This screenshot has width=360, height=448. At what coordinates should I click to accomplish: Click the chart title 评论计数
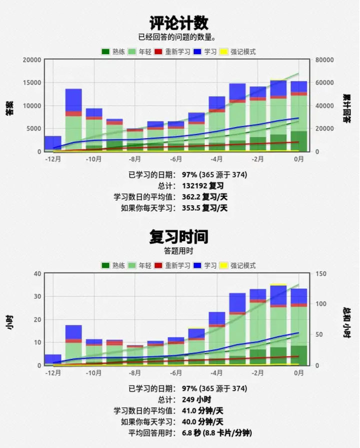(179, 23)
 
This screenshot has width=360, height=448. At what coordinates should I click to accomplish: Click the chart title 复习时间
(179, 236)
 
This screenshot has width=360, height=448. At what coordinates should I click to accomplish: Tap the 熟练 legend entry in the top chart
(114, 52)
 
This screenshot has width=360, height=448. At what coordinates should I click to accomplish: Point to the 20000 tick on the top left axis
(31, 60)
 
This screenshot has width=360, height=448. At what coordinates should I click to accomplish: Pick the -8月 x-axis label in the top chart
(134, 160)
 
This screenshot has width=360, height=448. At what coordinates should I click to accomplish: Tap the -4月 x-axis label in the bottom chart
(216, 373)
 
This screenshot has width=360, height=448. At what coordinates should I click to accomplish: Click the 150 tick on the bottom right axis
(320, 273)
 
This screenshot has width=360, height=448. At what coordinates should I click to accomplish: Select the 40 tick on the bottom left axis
(36, 273)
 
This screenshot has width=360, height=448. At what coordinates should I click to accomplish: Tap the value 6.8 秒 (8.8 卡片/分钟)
(217, 432)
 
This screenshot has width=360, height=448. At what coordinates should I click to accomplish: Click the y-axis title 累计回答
(346, 106)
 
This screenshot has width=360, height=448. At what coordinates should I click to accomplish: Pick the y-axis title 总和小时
(346, 319)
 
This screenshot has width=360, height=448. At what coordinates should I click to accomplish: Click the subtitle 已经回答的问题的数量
(179, 37)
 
